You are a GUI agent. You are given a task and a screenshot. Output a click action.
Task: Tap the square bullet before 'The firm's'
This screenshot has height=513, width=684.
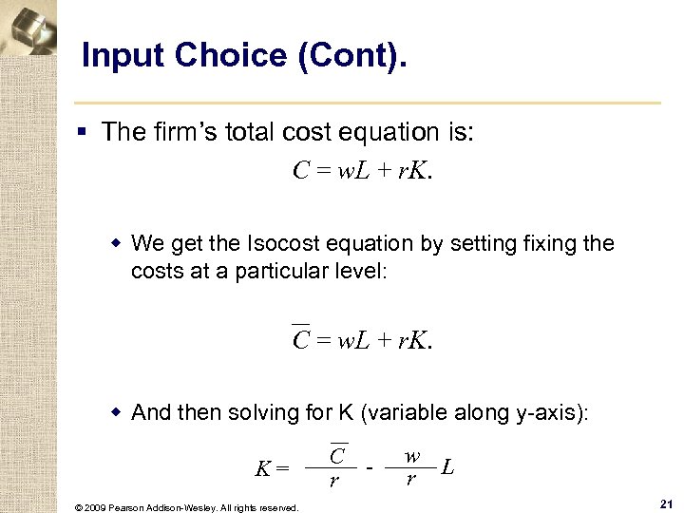coord(85,133)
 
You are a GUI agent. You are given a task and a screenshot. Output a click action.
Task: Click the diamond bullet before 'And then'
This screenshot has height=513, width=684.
coord(117,413)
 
